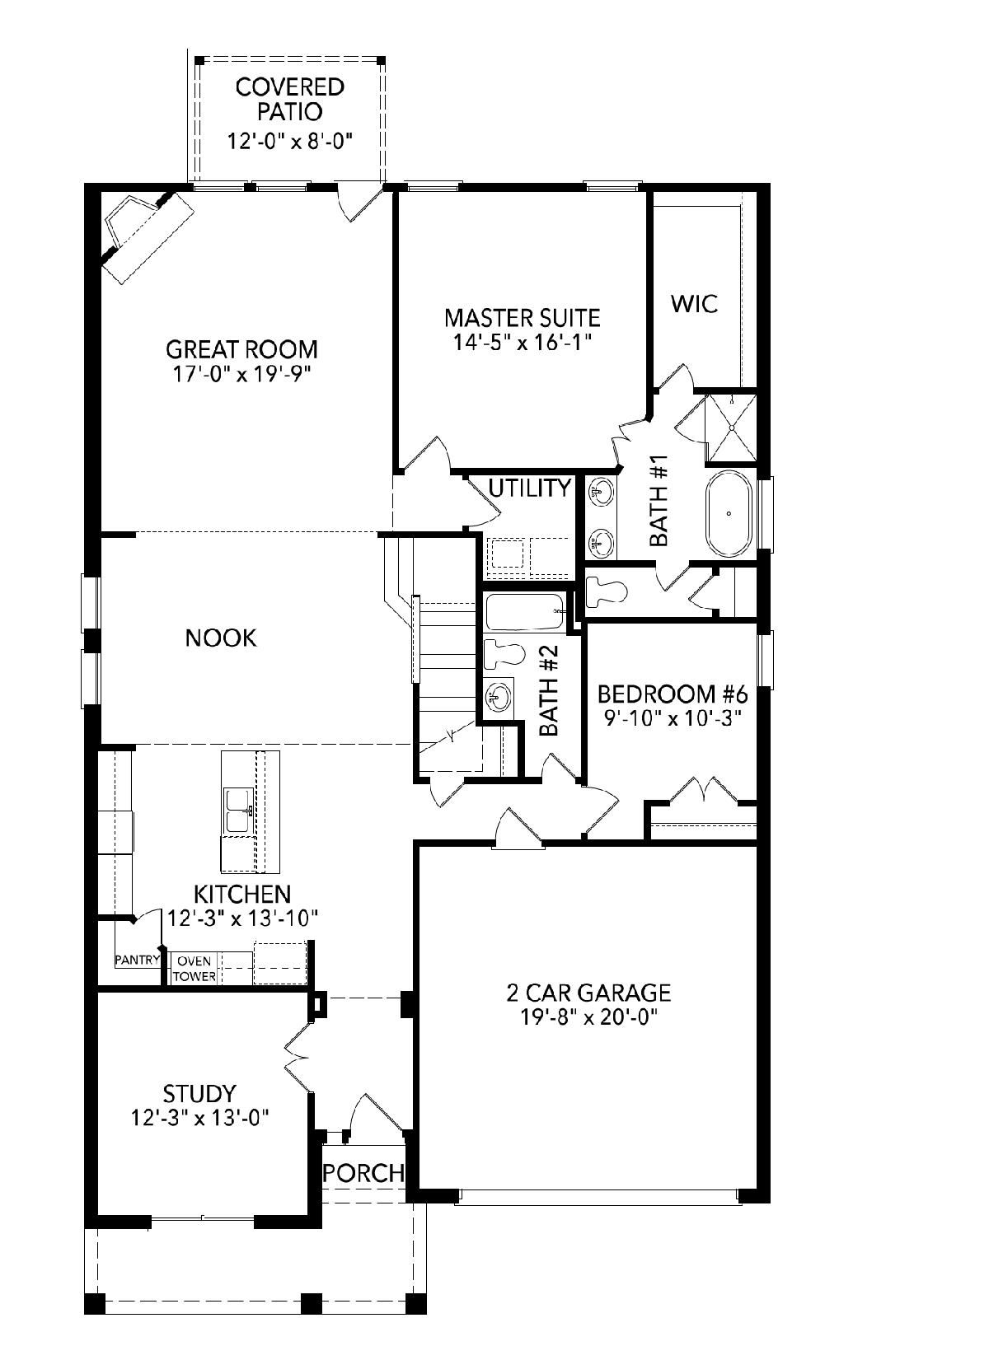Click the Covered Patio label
click(289, 99)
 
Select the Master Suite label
click(522, 318)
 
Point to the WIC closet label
click(695, 304)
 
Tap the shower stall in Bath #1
click(731, 428)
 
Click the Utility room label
click(530, 488)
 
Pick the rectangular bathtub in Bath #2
click(526, 612)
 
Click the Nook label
click(221, 638)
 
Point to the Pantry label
click(138, 960)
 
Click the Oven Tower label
click(195, 969)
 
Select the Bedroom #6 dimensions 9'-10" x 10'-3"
click(673, 719)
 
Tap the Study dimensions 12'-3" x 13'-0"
click(200, 1118)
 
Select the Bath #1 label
click(659, 500)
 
